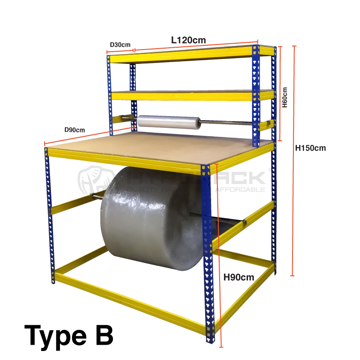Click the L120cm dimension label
(x=189, y=40)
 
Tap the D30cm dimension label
(x=120, y=45)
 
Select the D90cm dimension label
(x=74, y=130)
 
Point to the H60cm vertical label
(x=284, y=97)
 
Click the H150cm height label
(x=310, y=148)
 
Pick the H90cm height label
(x=239, y=277)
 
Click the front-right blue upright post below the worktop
(x=207, y=256)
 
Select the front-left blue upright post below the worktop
(x=49, y=216)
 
